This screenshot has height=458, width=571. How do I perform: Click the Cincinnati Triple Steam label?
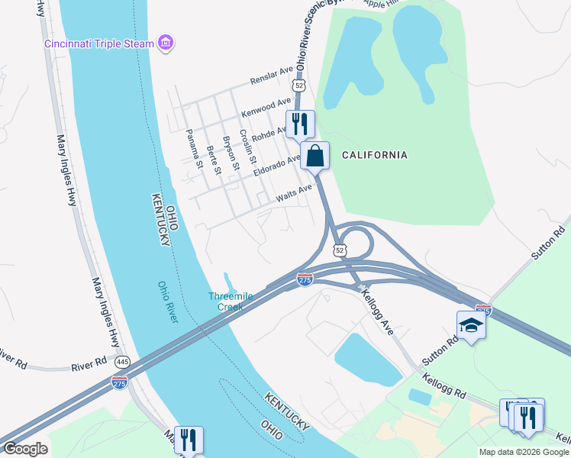98,43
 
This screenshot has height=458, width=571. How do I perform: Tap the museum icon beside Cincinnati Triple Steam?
166,43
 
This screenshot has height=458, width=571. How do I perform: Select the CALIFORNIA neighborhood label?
374,155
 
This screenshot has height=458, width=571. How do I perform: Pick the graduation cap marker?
471,326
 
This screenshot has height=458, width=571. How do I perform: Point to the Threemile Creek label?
225,302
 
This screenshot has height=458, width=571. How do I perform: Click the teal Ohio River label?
168,302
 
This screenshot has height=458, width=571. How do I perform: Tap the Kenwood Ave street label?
266,107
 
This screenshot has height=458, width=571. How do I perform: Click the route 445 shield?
123,360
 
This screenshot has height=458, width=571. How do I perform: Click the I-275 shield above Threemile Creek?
305,280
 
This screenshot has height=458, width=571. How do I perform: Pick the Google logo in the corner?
24,449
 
